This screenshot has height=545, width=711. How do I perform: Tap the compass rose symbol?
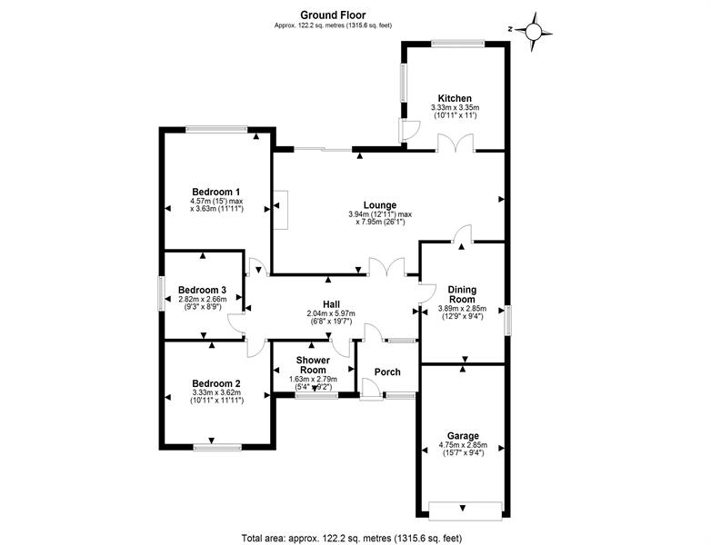coord(535,32)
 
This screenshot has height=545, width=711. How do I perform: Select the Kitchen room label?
coord(455,98)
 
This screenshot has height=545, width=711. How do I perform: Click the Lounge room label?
coord(380,204)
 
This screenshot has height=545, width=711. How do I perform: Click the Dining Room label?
coord(462,294)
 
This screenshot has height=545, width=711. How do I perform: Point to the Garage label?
coord(463,436)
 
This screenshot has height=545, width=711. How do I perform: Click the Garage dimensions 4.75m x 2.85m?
coord(463,446)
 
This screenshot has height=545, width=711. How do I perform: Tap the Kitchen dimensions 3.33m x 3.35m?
coord(455,108)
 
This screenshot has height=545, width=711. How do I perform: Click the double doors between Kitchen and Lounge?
coord(454,144)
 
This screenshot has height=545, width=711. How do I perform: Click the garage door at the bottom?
coord(463,506)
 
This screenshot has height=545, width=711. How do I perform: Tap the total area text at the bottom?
coord(355,537)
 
